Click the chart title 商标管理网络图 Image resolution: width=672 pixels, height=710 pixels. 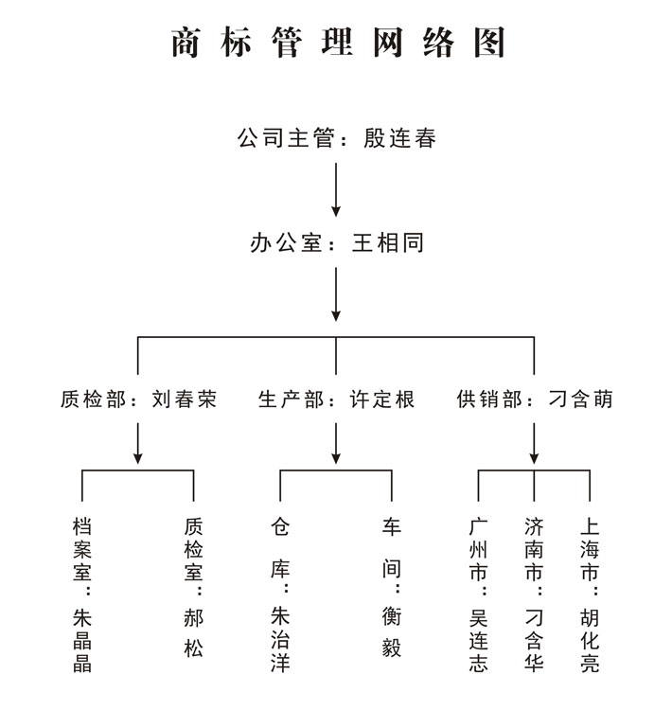tap(337, 43)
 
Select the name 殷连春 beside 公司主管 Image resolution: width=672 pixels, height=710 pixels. tap(399, 138)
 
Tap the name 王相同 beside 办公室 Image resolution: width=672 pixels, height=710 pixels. tap(388, 242)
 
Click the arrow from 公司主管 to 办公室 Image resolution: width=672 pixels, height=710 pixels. tap(336, 189)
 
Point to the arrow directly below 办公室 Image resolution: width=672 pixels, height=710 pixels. tap(336, 294)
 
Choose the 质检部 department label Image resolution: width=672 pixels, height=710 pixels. tap(93, 399)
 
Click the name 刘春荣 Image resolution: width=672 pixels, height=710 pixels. tap(184, 399)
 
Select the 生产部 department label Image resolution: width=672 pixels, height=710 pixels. tap(291, 399)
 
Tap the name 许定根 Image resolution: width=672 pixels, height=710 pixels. tap(381, 399)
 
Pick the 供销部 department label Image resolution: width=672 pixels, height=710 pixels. tap(489, 399)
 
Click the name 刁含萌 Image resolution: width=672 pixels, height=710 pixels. tap(580, 399)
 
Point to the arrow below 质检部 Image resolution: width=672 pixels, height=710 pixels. tap(137, 443)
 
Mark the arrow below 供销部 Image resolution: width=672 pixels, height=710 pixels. tap(534, 443)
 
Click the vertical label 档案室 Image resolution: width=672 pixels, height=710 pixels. tap(82, 549)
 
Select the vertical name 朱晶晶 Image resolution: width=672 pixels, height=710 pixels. tap(82, 640)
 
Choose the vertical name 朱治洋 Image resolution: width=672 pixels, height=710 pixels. tap(280, 639)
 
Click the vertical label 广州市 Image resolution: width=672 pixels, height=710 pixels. tap(478, 549)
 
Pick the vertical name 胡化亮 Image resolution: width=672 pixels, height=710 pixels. tap(590, 640)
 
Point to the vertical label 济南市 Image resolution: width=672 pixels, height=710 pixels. tap(534, 549)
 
